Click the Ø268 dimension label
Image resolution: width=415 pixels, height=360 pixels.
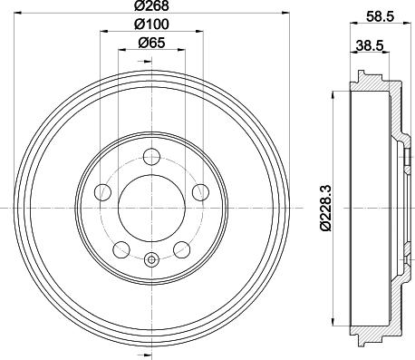click(151, 5)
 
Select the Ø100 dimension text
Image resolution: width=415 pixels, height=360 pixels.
click(151, 24)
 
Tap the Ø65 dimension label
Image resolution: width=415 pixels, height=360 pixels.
click(151, 43)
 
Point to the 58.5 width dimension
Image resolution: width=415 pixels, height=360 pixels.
click(381, 16)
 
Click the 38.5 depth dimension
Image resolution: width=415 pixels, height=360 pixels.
click(370, 46)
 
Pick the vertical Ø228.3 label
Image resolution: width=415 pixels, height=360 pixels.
click(326, 208)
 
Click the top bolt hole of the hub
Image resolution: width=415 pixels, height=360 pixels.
click(151, 157)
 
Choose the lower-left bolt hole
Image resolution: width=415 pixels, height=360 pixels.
click(121, 249)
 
